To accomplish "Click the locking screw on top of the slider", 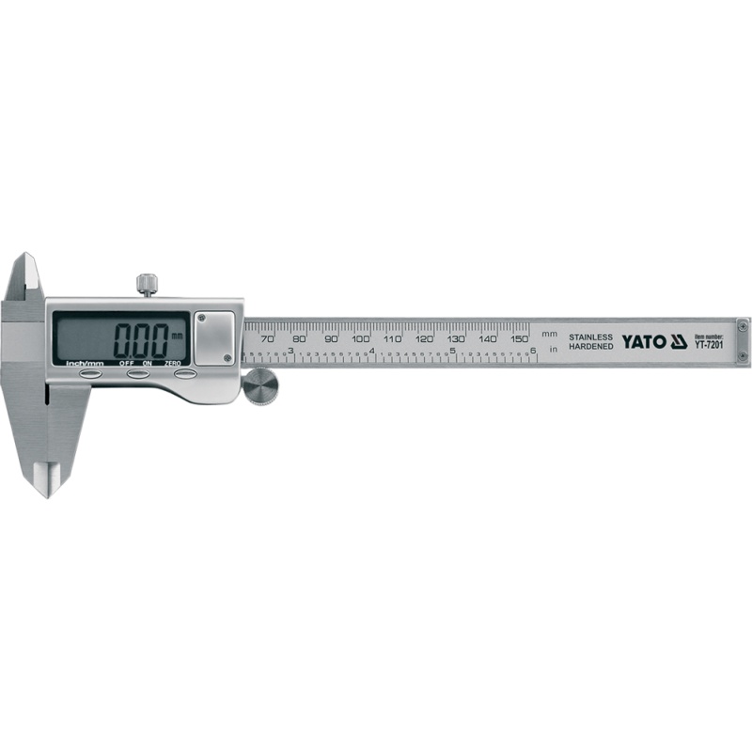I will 146,284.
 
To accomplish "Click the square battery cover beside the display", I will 214,336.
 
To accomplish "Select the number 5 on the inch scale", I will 453,352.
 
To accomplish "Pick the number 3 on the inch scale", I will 290,352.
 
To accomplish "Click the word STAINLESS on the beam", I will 590,337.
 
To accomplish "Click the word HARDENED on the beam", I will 590,347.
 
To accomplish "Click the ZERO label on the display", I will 172,362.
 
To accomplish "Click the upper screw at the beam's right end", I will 743,325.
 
